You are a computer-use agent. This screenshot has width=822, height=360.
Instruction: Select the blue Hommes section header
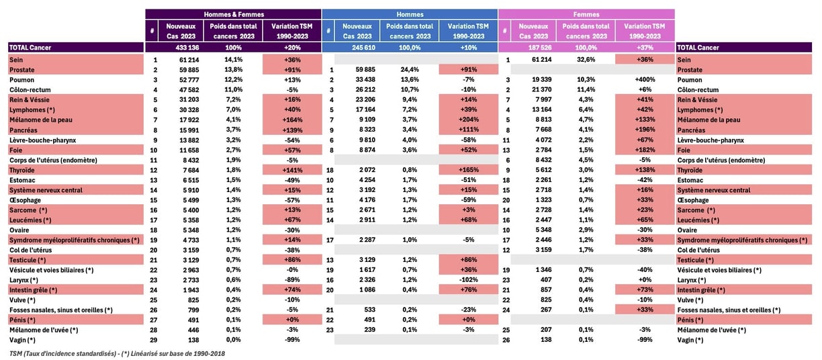tap(410, 13)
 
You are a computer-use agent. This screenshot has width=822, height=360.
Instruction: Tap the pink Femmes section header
tap(586, 13)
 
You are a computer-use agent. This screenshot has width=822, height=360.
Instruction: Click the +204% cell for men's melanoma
tap(469, 120)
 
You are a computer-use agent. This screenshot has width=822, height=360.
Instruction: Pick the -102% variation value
tap(469, 279)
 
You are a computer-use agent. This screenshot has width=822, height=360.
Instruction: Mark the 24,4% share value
tap(410, 70)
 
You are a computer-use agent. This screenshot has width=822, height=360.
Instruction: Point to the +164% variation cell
tap(292, 120)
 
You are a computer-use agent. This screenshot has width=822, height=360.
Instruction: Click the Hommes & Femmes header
tap(234, 13)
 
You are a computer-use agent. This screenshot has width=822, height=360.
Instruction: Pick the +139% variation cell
tap(292, 130)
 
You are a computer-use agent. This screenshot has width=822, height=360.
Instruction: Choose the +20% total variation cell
tap(292, 48)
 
